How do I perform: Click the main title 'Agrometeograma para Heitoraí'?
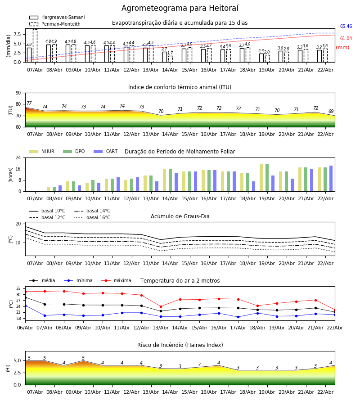pos(180,9)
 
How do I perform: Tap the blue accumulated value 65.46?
pos(346,27)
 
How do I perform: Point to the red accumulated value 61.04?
pos(346,39)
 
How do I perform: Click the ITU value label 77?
pos(29,103)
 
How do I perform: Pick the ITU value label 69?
pos(331,112)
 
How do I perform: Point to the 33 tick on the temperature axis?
pos(19,288)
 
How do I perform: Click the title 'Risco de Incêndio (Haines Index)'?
pos(180,345)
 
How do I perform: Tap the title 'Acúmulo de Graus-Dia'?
pos(180,216)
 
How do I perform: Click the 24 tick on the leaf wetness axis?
pos(19,158)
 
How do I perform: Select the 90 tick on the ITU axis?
pos(18,93)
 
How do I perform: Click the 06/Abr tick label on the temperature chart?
pos(25,327)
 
